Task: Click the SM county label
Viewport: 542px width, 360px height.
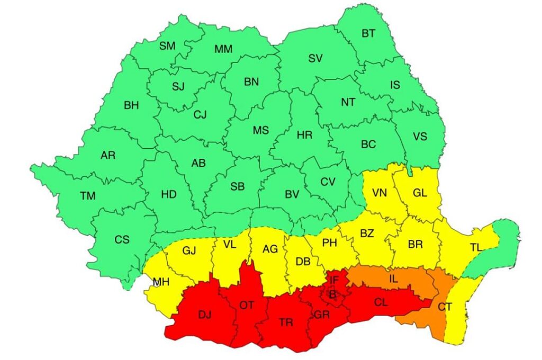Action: [167, 46]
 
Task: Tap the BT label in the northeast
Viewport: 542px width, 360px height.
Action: [368, 33]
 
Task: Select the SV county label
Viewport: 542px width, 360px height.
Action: [315, 59]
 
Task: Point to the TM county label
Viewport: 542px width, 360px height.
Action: [88, 196]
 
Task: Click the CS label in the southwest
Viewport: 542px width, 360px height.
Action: [122, 239]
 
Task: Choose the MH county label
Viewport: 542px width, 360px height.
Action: [161, 282]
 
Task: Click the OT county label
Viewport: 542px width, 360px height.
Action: [247, 305]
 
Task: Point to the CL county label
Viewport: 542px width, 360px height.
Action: [381, 303]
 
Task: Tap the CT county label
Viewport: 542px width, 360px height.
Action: [445, 305]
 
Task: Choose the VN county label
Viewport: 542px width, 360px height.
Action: [380, 193]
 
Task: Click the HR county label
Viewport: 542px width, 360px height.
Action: [304, 135]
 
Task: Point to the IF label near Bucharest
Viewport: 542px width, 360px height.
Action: [334, 280]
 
